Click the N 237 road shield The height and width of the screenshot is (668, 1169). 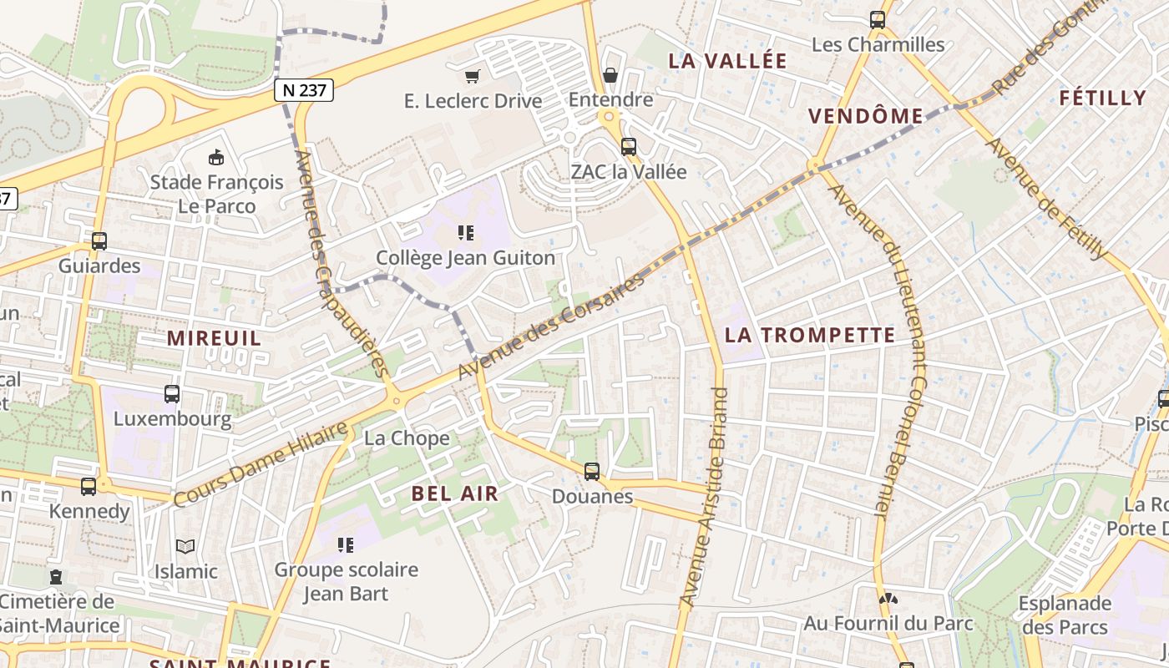click(304, 90)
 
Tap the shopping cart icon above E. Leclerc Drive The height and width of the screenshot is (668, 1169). click(473, 77)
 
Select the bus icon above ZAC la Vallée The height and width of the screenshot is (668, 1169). click(628, 147)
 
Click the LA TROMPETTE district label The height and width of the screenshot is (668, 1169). click(810, 336)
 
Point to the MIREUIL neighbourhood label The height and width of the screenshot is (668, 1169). click(214, 338)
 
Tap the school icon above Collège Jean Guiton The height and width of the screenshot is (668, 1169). click(465, 233)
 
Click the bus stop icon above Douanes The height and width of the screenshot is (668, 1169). click(592, 472)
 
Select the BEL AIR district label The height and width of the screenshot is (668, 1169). click(455, 493)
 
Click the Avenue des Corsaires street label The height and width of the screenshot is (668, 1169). click(552, 326)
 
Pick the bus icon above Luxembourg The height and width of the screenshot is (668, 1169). click(172, 394)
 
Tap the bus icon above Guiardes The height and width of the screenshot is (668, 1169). click(99, 241)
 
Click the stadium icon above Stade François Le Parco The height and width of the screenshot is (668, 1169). click(216, 157)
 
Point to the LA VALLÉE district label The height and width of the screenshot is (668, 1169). click(728, 61)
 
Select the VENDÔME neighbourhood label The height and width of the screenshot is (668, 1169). click(866, 116)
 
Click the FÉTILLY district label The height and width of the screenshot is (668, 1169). click(1102, 98)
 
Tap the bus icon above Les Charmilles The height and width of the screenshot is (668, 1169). click(878, 20)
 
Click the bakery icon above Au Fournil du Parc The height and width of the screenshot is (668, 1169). click(888, 598)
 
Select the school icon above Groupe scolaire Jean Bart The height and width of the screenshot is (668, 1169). click(346, 545)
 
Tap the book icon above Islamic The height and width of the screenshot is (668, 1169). click(185, 547)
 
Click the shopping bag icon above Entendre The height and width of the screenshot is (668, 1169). click(610, 76)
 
